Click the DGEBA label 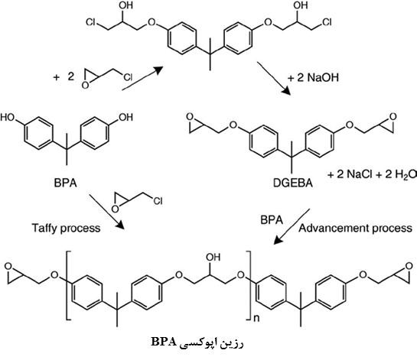(x=293, y=183)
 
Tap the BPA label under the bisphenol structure (x=66, y=183)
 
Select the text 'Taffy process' (x=66, y=229)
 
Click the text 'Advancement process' (x=355, y=229)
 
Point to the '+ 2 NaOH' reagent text (x=313, y=77)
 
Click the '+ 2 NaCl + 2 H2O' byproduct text (x=372, y=174)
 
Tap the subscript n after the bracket (x=256, y=318)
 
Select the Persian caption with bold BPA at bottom (x=197, y=342)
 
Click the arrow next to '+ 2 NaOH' (x=274, y=79)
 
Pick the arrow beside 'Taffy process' (x=106, y=212)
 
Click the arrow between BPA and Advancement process (x=292, y=226)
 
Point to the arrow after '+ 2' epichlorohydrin (x=142, y=79)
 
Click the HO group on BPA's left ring (x=8, y=117)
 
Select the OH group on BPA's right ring (x=125, y=117)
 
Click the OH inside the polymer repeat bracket (x=213, y=257)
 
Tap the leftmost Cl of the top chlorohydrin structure (x=90, y=22)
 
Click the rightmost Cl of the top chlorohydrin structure (x=327, y=22)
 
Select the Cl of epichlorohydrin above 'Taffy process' (x=158, y=201)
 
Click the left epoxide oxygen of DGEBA (x=190, y=117)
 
